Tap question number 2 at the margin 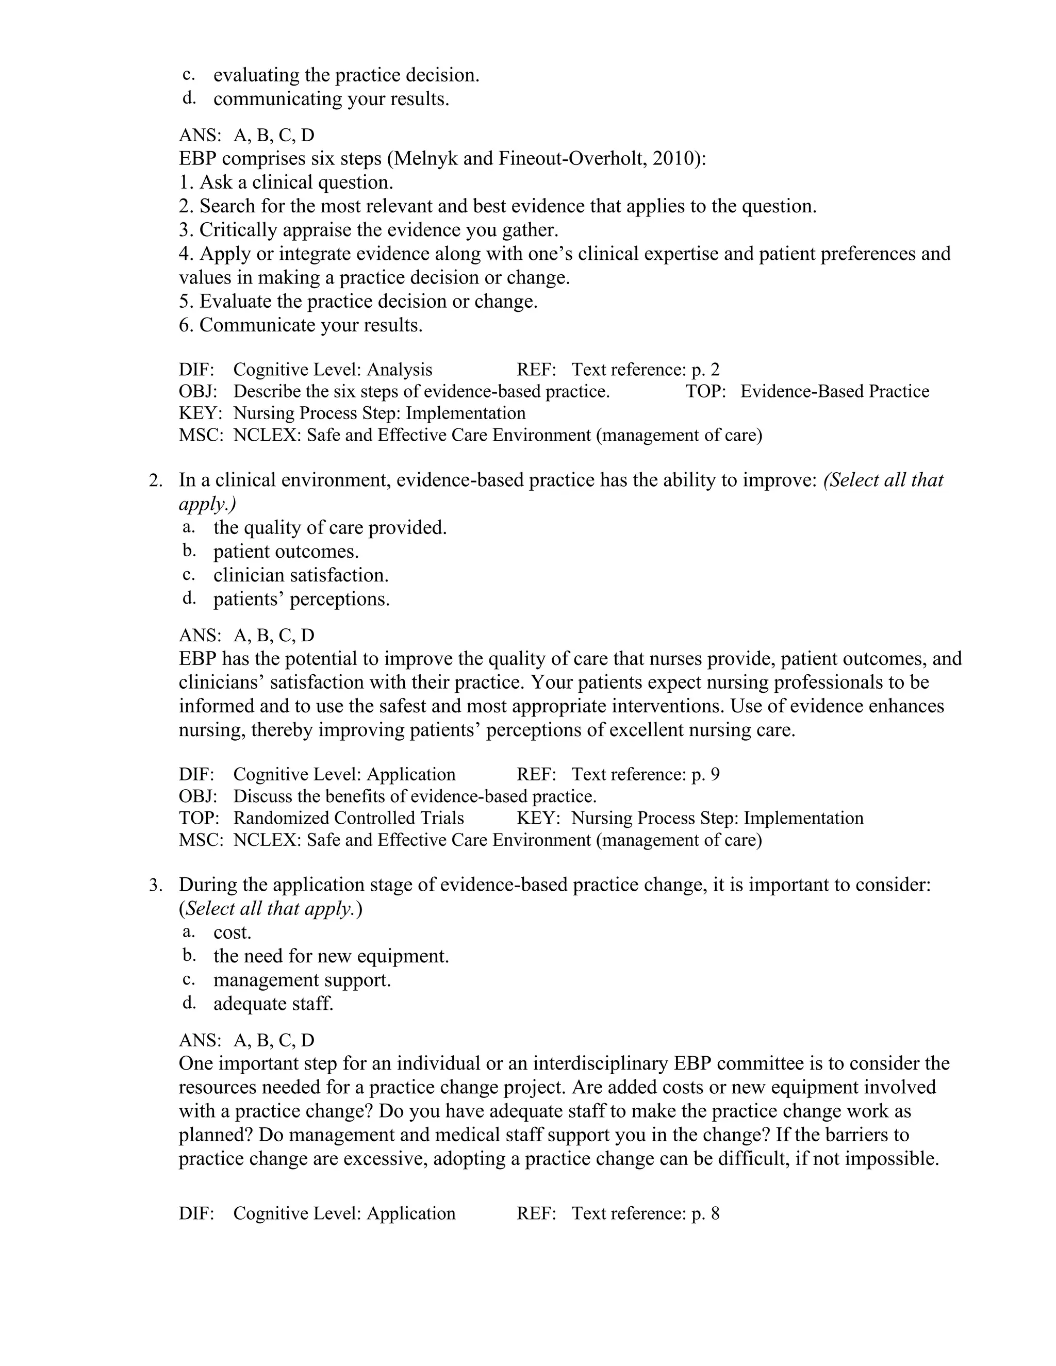pos(156,480)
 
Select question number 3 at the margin pos(156,885)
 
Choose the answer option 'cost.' pos(232,932)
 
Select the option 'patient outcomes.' pos(286,552)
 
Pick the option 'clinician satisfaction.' pos(301,575)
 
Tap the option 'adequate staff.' pos(273,1004)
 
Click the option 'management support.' pos(302,980)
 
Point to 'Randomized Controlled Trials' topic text pos(349,818)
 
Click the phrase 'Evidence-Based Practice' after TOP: pos(835,392)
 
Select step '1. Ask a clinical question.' pos(286,182)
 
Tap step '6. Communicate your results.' pos(300,325)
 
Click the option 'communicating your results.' pos(331,99)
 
